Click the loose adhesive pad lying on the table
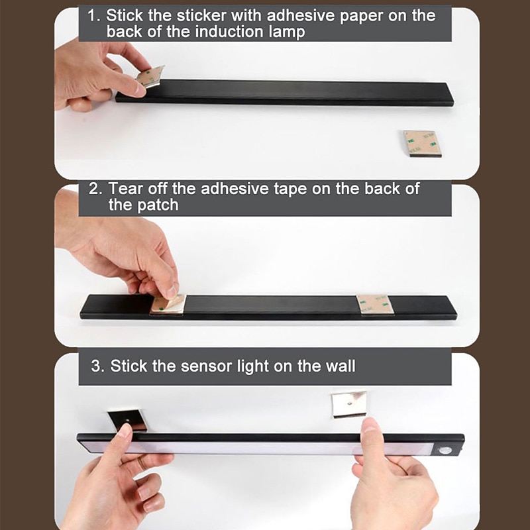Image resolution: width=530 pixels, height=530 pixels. point(423,144)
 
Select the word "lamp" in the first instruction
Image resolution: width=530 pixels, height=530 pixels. point(287,32)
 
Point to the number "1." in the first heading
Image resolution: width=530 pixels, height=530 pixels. point(93,16)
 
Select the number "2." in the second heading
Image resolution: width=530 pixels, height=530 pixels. point(95,189)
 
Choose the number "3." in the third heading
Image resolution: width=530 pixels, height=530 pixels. point(98,366)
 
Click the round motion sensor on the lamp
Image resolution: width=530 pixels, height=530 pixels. point(445,450)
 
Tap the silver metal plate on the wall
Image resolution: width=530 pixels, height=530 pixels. point(349,404)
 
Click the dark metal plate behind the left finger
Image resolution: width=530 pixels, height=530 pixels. point(128,420)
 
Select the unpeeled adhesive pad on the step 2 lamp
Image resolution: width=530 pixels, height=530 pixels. point(375,305)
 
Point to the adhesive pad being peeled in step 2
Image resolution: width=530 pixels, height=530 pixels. point(168,303)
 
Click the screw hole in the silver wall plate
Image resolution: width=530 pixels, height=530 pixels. point(349,403)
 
